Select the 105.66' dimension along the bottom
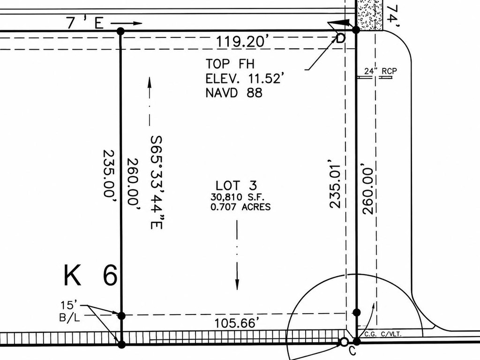[x=235, y=323]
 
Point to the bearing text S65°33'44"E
[x=157, y=182]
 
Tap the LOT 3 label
[x=236, y=186]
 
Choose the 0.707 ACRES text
[x=240, y=207]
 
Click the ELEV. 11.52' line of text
[x=243, y=79]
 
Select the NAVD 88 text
[x=234, y=92]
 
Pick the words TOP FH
[x=230, y=64]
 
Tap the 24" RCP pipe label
[x=381, y=71]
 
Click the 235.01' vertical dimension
[x=335, y=183]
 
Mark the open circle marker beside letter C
[x=344, y=342]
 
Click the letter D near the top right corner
[x=341, y=38]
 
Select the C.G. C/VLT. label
[x=382, y=334]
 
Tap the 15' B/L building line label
[x=69, y=311]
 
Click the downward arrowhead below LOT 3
[x=237, y=284]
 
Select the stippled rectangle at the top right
[x=370, y=15]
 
